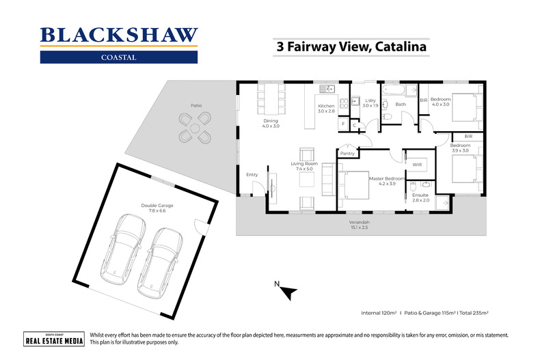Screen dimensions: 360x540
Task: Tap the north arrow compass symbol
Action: [x=288, y=292]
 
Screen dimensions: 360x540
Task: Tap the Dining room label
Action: [x=271, y=124]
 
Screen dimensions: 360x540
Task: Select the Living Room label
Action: [x=305, y=167]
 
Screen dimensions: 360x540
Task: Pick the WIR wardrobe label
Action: [x=417, y=165]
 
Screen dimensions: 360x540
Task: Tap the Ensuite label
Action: [x=420, y=197]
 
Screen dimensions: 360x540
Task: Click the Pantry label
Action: [x=348, y=154]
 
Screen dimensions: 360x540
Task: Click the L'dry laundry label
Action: [x=370, y=102]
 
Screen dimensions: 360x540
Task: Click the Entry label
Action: [x=252, y=175]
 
